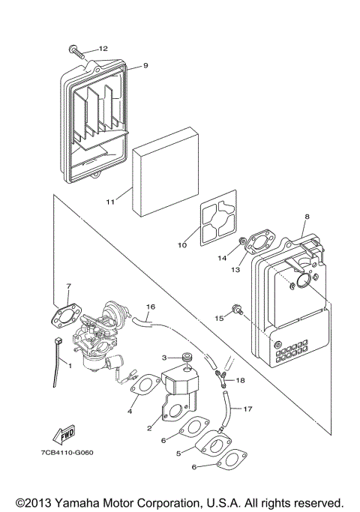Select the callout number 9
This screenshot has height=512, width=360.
[x=145, y=65]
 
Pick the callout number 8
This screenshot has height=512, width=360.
[x=305, y=217]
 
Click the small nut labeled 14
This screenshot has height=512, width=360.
[x=242, y=242]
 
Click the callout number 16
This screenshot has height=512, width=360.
[x=150, y=307]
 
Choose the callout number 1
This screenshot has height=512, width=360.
[x=70, y=364]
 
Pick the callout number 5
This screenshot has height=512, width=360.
[x=178, y=453]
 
